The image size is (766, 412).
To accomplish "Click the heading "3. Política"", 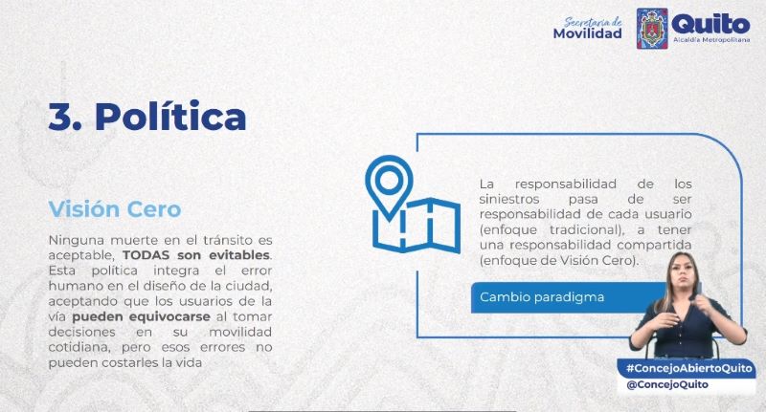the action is pyautogui.click(x=147, y=117).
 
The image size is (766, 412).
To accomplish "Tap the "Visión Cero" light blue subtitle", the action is pyautogui.click(x=115, y=209).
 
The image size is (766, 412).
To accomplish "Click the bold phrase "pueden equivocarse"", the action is pyautogui.click(x=141, y=316).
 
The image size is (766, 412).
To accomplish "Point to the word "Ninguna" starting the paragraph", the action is pyautogui.click(x=77, y=240).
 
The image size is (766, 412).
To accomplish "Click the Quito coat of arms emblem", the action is pyautogui.click(x=652, y=29).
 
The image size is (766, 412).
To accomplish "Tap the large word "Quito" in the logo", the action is pyautogui.click(x=710, y=24).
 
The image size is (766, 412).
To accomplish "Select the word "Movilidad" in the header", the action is pyautogui.click(x=587, y=33).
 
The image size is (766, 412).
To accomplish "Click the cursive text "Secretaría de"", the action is pyautogui.click(x=593, y=21).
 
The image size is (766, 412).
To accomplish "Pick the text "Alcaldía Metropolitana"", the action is pyautogui.click(x=711, y=39).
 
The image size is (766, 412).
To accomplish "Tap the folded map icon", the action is pyautogui.click(x=417, y=226).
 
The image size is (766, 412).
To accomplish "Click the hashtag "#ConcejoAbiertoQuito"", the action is pyautogui.click(x=689, y=368).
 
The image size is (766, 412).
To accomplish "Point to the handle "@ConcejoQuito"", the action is pyautogui.click(x=667, y=384).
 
